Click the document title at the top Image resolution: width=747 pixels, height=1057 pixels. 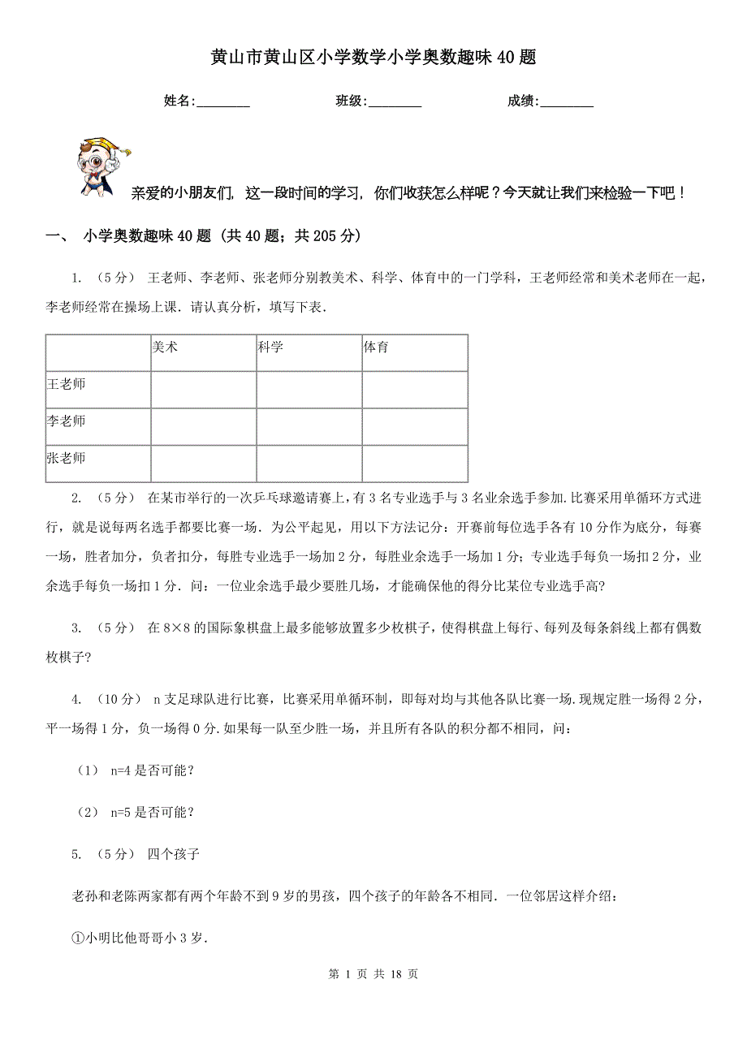click(x=373, y=58)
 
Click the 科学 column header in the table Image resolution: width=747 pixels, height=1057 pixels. click(x=270, y=347)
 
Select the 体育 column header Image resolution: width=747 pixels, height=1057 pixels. click(x=376, y=347)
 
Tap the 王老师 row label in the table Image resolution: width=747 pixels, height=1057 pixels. click(x=67, y=383)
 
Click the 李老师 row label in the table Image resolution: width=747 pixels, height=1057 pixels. click(x=67, y=421)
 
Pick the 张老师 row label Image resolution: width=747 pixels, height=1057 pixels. click(x=67, y=458)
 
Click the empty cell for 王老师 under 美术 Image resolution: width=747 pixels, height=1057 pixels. click(x=203, y=390)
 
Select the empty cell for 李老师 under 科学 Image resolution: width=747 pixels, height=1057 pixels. click(x=309, y=427)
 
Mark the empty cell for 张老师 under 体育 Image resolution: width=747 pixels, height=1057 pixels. click(x=414, y=464)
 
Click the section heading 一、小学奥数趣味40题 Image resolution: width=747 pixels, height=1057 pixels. click(x=203, y=236)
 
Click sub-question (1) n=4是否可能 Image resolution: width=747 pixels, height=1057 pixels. click(x=134, y=770)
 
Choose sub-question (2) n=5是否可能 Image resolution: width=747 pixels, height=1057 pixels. click(x=134, y=812)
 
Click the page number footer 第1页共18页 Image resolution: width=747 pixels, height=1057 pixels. click(x=373, y=974)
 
